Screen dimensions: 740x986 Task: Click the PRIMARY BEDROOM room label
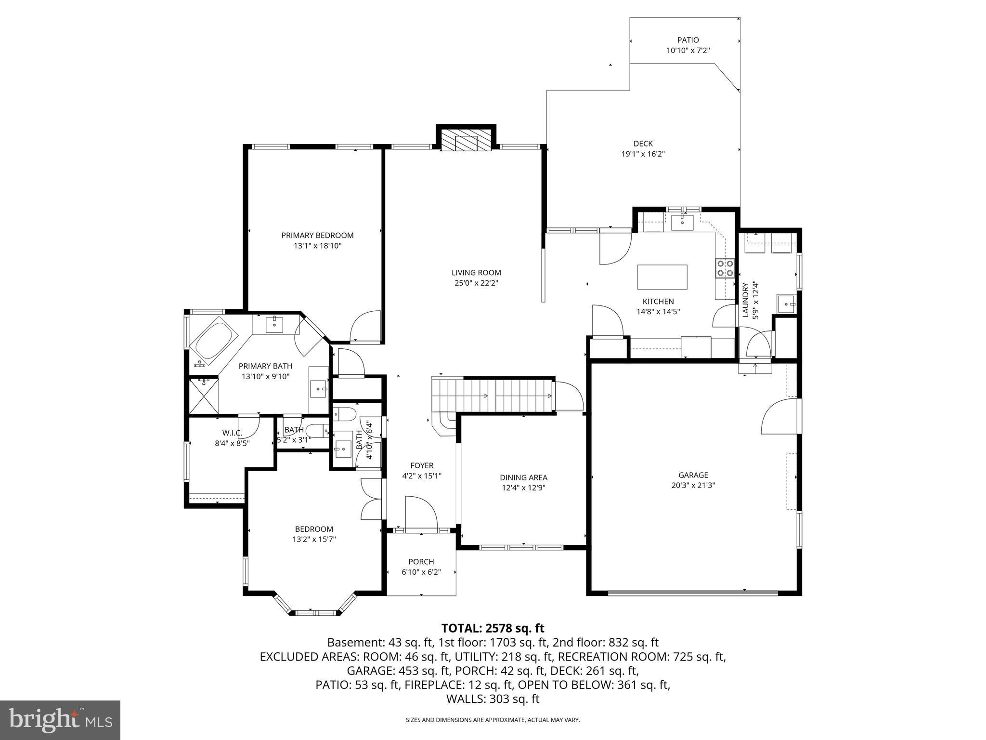tap(317, 235)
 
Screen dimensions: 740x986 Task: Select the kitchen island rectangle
tap(662, 277)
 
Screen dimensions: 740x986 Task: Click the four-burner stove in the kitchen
tap(725, 268)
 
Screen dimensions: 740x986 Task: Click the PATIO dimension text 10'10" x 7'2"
tap(688, 50)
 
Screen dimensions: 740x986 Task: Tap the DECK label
tap(643, 143)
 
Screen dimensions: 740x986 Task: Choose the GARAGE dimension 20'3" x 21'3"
tap(693, 485)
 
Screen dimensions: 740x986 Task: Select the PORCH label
tap(421, 561)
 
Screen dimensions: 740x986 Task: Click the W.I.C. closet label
tap(232, 433)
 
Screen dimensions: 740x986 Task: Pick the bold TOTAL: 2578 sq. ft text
tap(493, 628)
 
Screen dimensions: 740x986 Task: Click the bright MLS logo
tap(60, 720)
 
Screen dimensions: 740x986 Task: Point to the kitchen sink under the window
tap(682, 223)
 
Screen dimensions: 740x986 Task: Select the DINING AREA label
tap(523, 477)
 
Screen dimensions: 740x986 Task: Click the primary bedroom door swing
tap(366, 326)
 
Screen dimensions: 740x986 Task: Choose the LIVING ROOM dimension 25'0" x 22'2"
tap(476, 283)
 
